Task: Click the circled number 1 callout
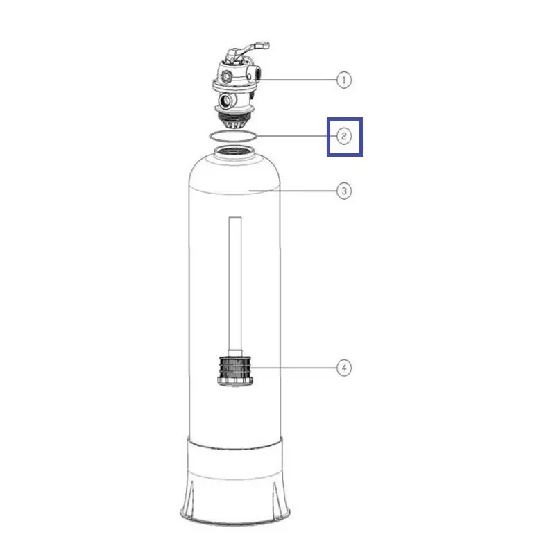[x=343, y=80]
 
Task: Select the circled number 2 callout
[x=343, y=136]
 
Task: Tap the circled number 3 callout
[x=343, y=191]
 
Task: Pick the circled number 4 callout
[x=343, y=368]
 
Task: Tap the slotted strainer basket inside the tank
[x=234, y=370]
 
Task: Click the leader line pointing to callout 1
[x=298, y=80]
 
